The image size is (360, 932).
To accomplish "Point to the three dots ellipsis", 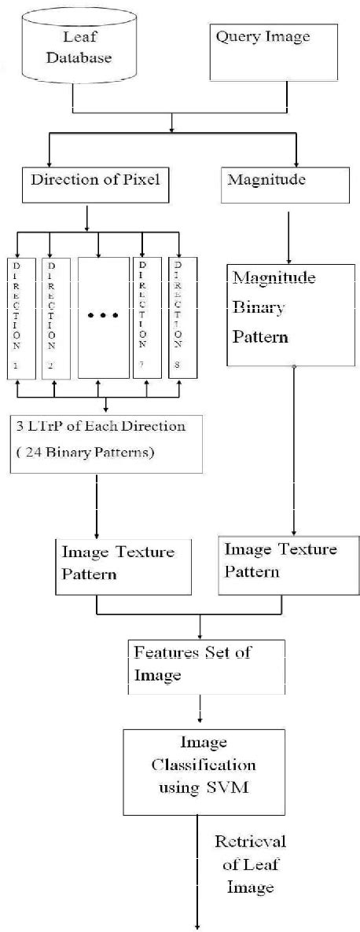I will (102, 316).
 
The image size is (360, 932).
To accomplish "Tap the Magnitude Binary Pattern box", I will (290, 314).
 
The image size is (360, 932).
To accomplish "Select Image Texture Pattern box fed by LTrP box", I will (123, 565).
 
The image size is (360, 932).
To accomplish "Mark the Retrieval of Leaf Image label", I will (250, 864).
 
